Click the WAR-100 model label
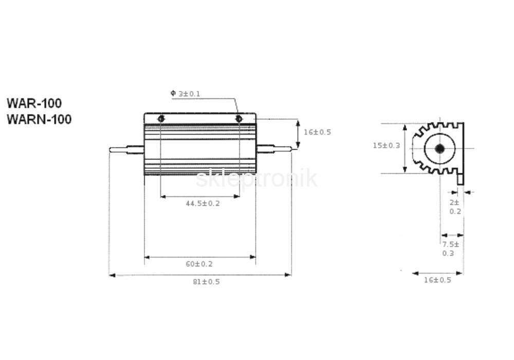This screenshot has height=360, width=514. (34, 103)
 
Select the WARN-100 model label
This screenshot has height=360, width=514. (39, 119)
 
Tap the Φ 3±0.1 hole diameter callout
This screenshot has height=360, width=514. (185, 94)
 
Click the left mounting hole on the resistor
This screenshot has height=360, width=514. (161, 119)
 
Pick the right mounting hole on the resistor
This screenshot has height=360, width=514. (239, 119)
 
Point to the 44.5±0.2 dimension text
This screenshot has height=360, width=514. (203, 204)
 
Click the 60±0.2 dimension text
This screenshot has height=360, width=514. (199, 264)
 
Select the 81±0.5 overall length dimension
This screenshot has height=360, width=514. (206, 282)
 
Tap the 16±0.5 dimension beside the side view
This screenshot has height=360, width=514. (317, 133)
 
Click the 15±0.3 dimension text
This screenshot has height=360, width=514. (387, 146)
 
